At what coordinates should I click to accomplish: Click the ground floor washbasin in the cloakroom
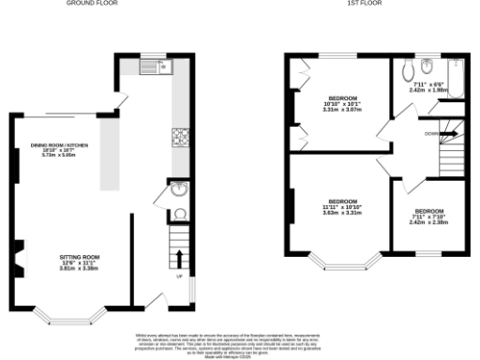coord(178,190)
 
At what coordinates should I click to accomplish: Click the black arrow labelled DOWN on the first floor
coord(448,134)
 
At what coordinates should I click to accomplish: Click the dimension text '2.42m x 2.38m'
coord(428,221)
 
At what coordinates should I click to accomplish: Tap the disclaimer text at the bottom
coord(240,341)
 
